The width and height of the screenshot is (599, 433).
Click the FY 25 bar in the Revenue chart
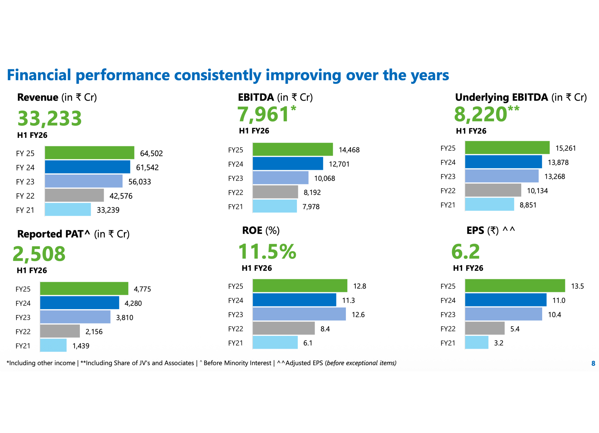pyautogui.click(x=89, y=153)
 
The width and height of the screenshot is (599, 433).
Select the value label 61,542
pyautogui.click(x=147, y=168)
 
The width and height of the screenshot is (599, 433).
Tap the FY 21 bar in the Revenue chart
pyautogui.click(x=68, y=210)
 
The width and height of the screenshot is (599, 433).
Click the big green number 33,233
pyautogui.click(x=50, y=118)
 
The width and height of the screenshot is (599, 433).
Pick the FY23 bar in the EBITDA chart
pyautogui.click(x=280, y=178)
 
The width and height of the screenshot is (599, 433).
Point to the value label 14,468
pyautogui.click(x=349, y=150)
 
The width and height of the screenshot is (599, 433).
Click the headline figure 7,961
pyautogui.click(x=263, y=114)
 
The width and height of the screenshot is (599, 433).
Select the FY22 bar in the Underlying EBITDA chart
pyautogui.click(x=493, y=190)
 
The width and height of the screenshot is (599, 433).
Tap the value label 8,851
pyautogui.click(x=528, y=205)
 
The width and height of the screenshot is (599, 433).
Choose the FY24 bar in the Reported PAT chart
pyautogui.click(x=79, y=303)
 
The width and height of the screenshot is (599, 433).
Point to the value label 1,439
pyautogui.click(x=81, y=346)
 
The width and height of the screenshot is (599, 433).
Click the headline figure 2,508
pyautogui.click(x=39, y=254)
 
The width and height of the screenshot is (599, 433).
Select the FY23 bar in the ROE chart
pyautogui.click(x=299, y=314)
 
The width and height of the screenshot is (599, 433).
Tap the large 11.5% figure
pyautogui.click(x=267, y=252)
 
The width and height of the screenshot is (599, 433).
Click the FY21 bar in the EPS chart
pyautogui.click(x=476, y=343)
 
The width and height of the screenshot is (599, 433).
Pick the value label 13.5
pyautogui.click(x=577, y=286)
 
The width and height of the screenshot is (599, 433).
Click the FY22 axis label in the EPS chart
pyautogui.click(x=448, y=329)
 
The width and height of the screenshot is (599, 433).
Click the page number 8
pyautogui.click(x=593, y=363)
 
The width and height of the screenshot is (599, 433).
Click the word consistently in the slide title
pyautogui.click(x=217, y=75)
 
